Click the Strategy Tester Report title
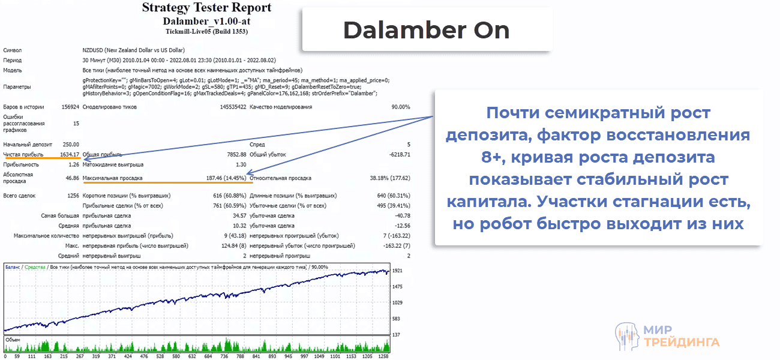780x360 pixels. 206,8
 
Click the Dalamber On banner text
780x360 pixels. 426,30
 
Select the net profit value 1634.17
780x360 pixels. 65,154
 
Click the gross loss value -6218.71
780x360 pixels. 398,154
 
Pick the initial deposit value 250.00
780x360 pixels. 70,145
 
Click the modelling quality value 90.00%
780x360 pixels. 400,107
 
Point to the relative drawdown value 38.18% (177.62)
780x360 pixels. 390,178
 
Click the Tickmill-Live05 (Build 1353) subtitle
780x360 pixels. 206,31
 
